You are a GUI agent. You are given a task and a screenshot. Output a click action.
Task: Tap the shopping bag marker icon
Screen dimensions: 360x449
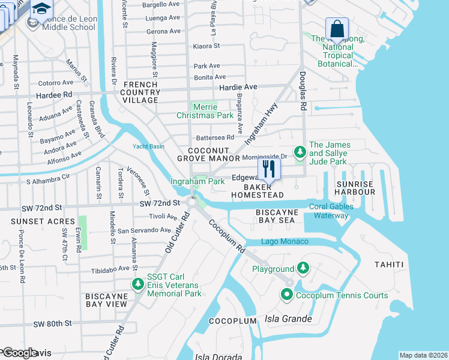click(x=337, y=28)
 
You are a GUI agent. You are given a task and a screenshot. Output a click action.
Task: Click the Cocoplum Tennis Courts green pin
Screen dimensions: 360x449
click(x=286, y=295)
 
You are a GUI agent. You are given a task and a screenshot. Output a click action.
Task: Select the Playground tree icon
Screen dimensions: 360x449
click(x=303, y=269)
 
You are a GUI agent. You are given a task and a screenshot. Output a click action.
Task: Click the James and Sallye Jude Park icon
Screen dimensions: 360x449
click(x=299, y=151)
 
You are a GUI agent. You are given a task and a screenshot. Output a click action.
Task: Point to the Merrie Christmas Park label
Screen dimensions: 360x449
click(x=205, y=110)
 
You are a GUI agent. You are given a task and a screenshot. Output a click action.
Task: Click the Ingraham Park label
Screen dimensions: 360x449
click(x=197, y=181)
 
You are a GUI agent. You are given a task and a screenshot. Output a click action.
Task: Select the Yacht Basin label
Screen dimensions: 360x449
click(x=148, y=146)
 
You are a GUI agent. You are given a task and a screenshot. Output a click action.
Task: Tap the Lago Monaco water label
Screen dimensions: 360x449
click(x=285, y=241)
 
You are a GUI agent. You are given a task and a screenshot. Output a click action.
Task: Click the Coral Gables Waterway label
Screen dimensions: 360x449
click(x=332, y=211)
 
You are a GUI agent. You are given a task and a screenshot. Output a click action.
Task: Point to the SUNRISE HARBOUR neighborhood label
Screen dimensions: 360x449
click(x=355, y=188)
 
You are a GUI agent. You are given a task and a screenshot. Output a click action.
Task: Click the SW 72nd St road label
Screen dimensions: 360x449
click(x=160, y=204)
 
